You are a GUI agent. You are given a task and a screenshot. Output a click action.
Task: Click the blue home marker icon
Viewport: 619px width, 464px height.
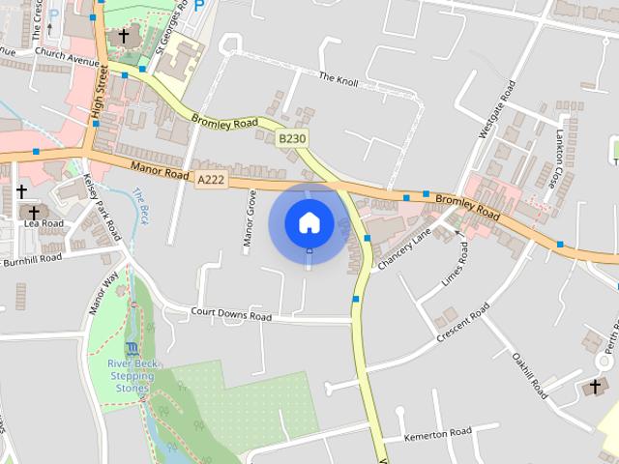click(x=309, y=222)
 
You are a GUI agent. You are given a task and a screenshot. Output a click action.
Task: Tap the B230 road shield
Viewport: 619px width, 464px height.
click(x=292, y=139)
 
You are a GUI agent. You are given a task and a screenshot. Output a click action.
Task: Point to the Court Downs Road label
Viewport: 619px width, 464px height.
click(x=231, y=314)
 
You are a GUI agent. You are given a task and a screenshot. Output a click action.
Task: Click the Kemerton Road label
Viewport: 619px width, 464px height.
click(x=437, y=431)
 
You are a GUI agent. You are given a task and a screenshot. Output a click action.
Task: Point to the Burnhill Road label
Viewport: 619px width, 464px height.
click(x=31, y=260)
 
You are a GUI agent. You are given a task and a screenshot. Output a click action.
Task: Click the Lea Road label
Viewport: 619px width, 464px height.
click(x=44, y=223)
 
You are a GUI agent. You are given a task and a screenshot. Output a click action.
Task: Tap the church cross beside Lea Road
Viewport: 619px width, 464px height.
click(x=34, y=211)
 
